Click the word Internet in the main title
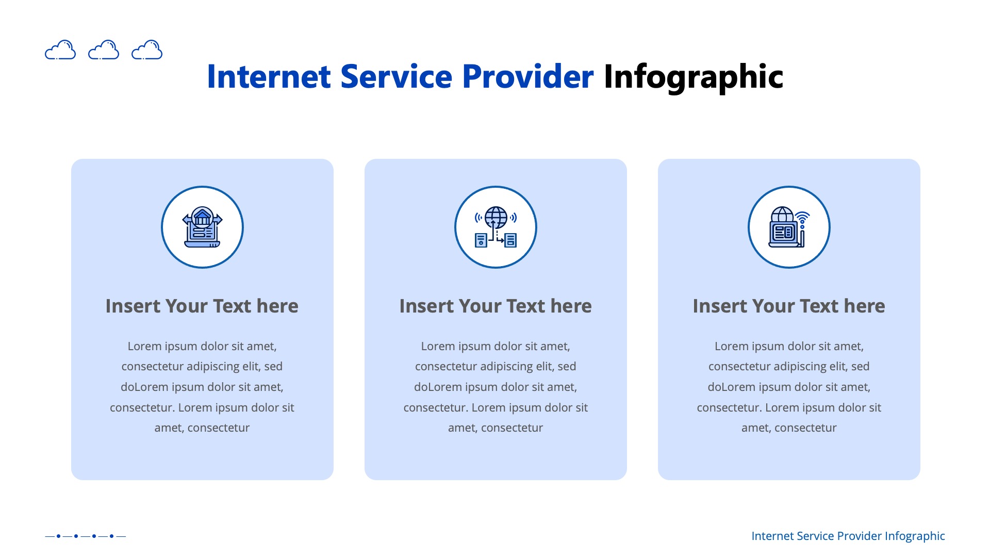[268, 77]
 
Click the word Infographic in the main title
[693, 77]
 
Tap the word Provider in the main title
[527, 77]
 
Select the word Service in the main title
[396, 77]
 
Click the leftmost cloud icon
[60, 50]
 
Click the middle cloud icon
[104, 50]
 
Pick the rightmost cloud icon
[147, 50]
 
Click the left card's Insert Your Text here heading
[202, 306]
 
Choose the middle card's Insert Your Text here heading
[496, 306]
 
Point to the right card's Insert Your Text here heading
[789, 306]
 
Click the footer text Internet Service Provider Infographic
[848, 536]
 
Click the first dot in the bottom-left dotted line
[58, 536]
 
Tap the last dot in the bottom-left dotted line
[111, 536]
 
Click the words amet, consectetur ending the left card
[202, 428]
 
